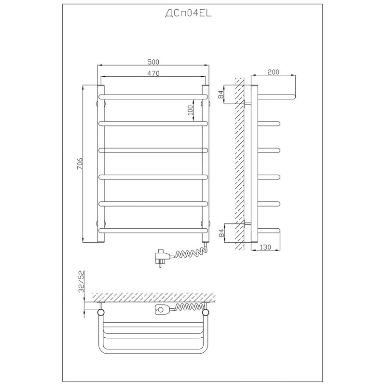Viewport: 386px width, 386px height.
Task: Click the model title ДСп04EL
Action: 188,14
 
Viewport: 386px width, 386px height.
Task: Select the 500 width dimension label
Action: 153,62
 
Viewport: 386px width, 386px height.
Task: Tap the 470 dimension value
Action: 153,73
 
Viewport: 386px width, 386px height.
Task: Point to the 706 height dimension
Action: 80,163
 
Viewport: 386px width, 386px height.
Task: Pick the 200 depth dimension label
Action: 273,72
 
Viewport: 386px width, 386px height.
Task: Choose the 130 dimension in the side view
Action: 265,247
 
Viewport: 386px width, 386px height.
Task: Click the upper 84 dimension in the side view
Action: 221,94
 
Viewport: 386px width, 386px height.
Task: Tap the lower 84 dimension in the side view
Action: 221,233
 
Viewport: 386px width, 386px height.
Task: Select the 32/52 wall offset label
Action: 81,281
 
